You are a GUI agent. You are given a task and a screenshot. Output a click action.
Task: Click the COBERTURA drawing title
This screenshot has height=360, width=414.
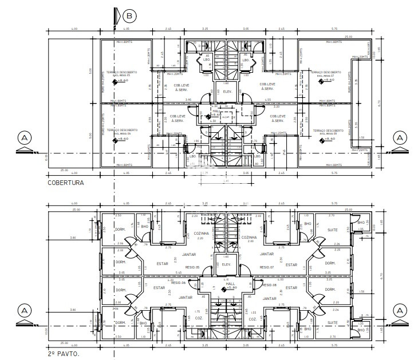coord(66,183)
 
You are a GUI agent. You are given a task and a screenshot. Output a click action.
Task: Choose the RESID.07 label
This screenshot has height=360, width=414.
coord(267,267)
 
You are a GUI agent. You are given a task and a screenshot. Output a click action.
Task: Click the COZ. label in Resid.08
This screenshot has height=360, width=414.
coord(252,318)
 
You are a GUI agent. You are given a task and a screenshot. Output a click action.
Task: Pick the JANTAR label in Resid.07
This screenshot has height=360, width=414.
coord(266,254)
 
